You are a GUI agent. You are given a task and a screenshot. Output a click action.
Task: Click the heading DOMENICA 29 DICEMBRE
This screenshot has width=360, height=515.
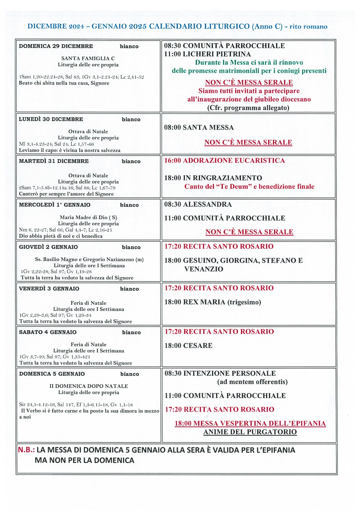[x=56, y=46]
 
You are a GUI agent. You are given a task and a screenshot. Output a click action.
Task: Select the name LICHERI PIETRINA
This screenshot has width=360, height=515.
[x=217, y=54]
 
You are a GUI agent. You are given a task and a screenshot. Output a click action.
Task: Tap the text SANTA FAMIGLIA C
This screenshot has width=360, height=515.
[x=88, y=58]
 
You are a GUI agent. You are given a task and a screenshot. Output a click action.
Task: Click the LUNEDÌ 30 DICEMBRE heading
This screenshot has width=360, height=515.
[x=51, y=119]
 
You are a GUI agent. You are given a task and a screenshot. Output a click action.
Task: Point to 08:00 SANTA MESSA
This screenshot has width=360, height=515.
[x=199, y=127]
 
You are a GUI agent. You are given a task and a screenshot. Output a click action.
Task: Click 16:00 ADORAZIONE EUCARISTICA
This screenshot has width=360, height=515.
[x=224, y=161]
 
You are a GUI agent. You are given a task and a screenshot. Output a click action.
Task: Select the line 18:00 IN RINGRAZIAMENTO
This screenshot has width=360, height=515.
[x=213, y=178]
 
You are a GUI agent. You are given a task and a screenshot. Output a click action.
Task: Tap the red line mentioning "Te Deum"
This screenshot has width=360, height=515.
[x=249, y=187]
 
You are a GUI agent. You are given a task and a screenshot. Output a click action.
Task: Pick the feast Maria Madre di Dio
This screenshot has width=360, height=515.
[x=88, y=217]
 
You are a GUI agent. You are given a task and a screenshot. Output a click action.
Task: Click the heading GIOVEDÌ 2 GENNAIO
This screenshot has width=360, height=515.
[x=48, y=247]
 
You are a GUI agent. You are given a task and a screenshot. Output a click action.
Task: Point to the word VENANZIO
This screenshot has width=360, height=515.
[x=204, y=269]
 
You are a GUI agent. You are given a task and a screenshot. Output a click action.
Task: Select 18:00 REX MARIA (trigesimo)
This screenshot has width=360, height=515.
[x=213, y=302]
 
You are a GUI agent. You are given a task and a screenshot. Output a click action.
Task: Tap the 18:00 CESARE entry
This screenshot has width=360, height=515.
[x=188, y=346]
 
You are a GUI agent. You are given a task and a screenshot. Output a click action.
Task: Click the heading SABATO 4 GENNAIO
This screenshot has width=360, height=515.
[x=48, y=332]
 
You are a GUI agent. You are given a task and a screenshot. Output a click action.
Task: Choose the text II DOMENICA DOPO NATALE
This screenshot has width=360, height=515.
[x=89, y=386]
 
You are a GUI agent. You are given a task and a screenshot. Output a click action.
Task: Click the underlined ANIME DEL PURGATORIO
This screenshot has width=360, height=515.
[x=250, y=432]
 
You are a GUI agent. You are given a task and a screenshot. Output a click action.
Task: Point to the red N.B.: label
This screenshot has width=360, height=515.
[x=26, y=450]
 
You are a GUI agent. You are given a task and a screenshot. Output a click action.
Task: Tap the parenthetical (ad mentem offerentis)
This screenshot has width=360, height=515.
[x=252, y=382]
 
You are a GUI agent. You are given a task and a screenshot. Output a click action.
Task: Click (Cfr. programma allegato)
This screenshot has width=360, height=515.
[x=248, y=108]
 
